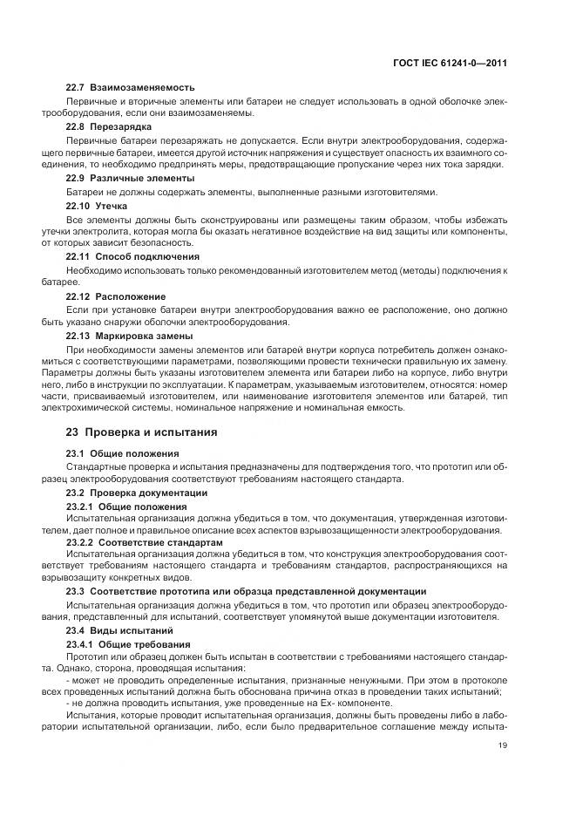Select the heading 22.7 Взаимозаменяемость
pos(131,88)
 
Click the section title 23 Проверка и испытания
pos(142,432)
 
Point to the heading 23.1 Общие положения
pos(123,453)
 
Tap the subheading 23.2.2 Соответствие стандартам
pos(145,542)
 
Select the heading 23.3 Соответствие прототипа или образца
pos(247,591)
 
